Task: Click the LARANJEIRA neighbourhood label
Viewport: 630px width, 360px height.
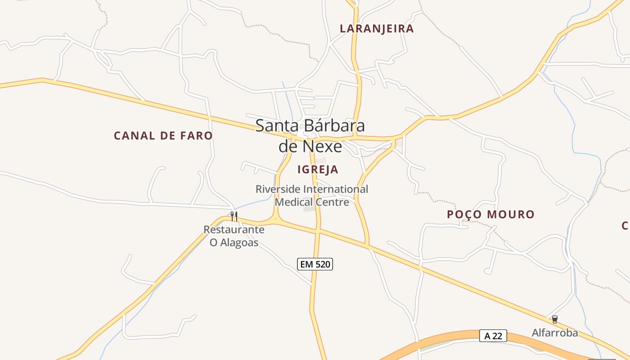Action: point(377,29)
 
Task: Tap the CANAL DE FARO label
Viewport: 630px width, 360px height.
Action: point(163,135)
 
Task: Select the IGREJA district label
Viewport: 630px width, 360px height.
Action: point(318,170)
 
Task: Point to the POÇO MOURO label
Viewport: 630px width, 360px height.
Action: point(490,214)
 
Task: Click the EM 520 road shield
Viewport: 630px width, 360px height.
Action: point(315,264)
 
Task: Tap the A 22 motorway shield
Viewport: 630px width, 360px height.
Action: point(493,336)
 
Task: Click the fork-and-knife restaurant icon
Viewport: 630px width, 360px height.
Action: point(234,216)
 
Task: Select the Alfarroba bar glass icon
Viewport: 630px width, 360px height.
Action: point(555,319)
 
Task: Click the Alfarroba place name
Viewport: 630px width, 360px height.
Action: point(555,333)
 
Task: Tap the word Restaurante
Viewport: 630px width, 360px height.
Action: point(234,229)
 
